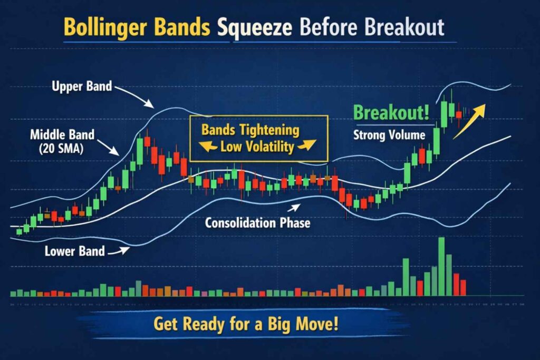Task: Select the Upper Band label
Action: click(x=82, y=85)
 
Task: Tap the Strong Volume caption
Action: click(x=389, y=135)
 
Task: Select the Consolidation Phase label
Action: click(x=257, y=223)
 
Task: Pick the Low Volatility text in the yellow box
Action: click(x=257, y=147)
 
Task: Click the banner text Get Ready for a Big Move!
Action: click(x=245, y=324)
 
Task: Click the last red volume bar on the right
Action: click(x=463, y=287)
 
